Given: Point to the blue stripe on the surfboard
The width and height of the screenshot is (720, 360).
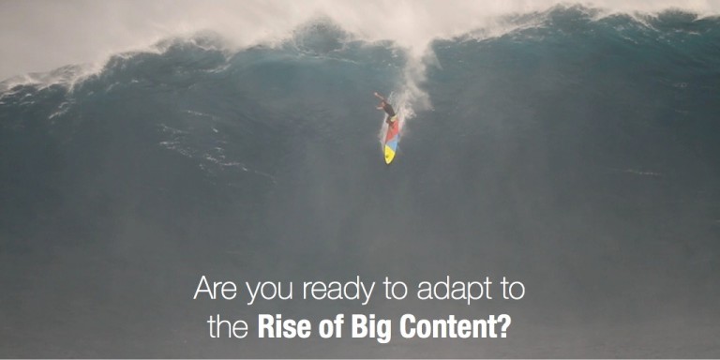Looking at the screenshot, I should (x=390, y=142).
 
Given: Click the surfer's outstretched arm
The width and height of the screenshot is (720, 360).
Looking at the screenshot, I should (x=379, y=97).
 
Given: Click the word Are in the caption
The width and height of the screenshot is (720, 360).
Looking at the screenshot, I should (x=212, y=288).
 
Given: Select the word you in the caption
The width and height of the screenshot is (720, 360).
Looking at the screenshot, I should (x=262, y=290).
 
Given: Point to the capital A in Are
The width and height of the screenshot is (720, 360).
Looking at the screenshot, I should (x=202, y=288).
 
